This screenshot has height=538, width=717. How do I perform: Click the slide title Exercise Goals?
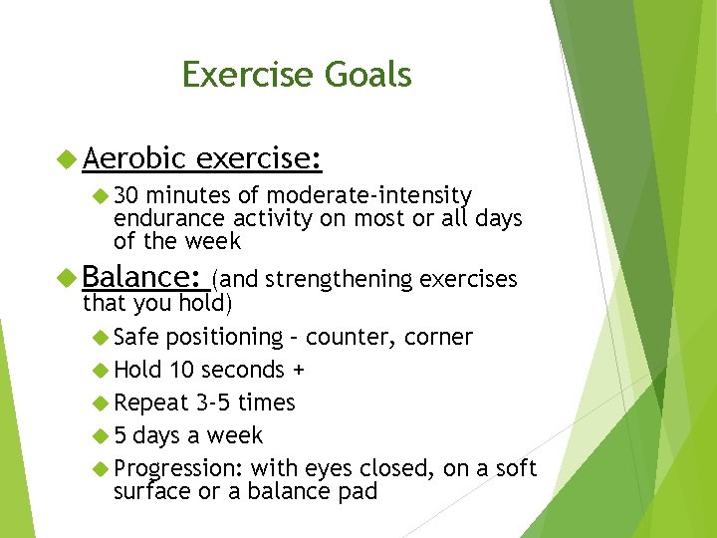(x=297, y=75)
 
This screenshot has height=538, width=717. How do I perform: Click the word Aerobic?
(x=134, y=157)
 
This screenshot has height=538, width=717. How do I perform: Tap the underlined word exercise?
(x=259, y=157)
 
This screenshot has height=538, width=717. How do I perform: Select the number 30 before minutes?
(x=126, y=194)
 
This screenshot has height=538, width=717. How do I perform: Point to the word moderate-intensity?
(x=369, y=194)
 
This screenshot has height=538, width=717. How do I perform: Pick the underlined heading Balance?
(x=143, y=277)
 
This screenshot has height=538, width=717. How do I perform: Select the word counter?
(x=352, y=337)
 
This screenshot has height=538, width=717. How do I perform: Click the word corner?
(x=438, y=337)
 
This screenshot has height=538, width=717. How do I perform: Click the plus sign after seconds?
(x=298, y=371)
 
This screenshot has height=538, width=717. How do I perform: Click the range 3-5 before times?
(x=216, y=403)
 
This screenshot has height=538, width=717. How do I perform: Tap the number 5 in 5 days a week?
(x=120, y=435)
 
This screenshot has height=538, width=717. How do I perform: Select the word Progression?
(x=178, y=468)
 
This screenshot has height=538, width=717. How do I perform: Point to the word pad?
(x=358, y=491)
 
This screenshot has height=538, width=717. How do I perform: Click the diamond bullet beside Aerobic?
(x=67, y=158)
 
